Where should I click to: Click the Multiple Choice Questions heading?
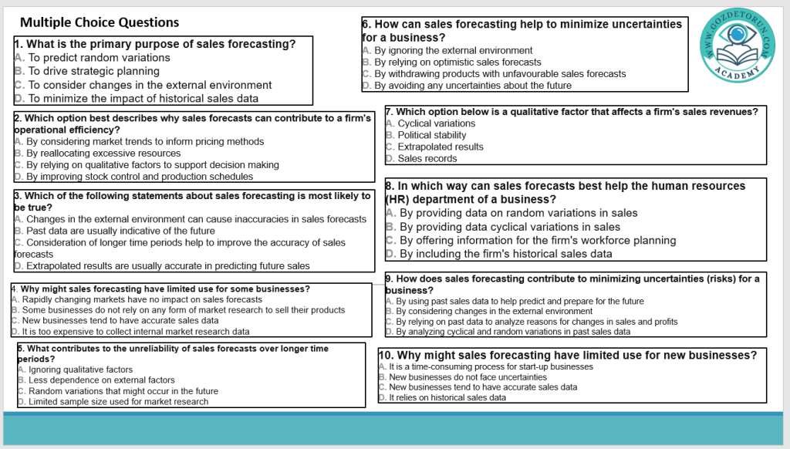tap(100, 22)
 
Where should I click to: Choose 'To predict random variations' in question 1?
tap(99, 58)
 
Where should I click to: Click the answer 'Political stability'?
tap(432, 135)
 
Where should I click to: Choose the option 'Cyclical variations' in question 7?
tap(436, 123)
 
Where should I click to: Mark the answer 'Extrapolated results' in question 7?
tap(441, 147)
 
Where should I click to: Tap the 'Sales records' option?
tap(427, 159)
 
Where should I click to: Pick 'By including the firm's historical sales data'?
tap(505, 254)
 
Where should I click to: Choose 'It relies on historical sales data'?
tap(447, 398)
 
